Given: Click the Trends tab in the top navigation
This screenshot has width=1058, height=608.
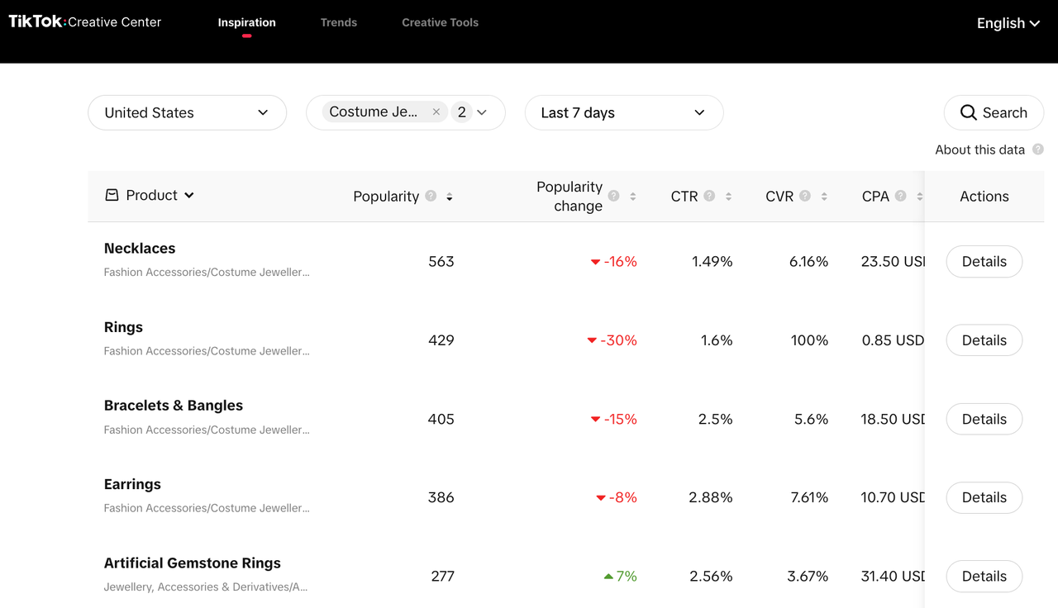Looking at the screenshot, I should point(339,22).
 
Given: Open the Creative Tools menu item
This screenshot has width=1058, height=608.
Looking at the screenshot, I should point(440,22).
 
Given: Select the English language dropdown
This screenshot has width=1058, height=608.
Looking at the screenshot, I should point(1008,23).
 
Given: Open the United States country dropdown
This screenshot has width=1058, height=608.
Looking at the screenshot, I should point(187,112).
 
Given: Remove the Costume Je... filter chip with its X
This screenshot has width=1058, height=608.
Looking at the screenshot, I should point(436,112).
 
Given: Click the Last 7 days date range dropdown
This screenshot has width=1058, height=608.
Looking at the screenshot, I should point(623,112).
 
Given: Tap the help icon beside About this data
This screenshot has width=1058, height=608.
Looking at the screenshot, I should point(1038,150).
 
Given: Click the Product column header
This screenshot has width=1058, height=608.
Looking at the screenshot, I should point(150,196).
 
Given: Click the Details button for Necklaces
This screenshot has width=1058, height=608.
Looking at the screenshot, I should point(984,262).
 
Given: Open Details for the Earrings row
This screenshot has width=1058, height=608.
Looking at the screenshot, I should point(984,498).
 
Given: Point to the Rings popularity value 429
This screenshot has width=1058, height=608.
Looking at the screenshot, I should point(441,340).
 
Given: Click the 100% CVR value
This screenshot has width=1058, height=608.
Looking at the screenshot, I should point(809,340).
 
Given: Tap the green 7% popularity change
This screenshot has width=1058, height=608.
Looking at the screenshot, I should point(621,577).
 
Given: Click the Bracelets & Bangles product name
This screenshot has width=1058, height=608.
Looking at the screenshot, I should point(174,406).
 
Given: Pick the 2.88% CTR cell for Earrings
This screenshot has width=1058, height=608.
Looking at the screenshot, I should point(711,498).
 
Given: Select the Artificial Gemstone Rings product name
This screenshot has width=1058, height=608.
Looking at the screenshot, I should point(193,563).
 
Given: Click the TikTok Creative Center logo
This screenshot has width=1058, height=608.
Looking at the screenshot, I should point(85,22).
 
